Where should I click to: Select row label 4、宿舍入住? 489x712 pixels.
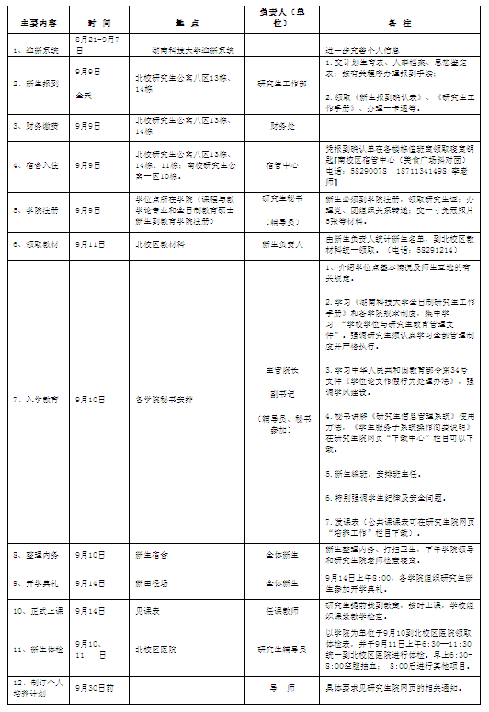36,164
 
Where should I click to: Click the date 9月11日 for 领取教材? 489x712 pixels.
90,245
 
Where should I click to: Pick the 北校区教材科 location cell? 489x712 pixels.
160,245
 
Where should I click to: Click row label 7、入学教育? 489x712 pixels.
36,401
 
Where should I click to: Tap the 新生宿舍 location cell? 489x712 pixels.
152,555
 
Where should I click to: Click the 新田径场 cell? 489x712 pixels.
152,582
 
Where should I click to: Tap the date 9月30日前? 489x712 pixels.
96,686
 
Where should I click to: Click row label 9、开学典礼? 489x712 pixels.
36,582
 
